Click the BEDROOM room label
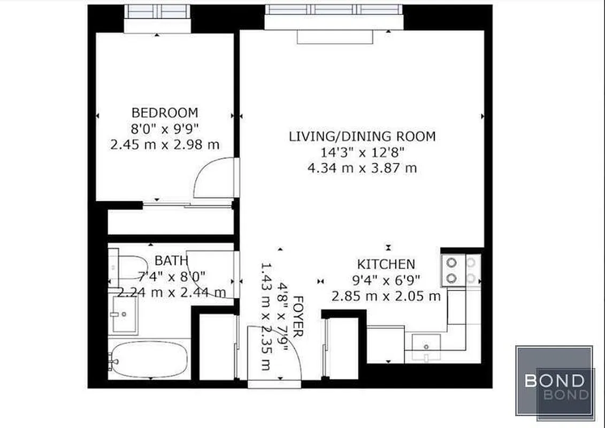point(165,113)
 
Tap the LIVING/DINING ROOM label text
point(362,136)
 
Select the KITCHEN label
point(386,264)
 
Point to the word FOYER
point(298,316)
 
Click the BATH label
point(171,261)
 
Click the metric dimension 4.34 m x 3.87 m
point(362,168)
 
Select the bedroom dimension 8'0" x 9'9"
point(165,129)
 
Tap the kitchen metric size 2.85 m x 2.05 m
point(386,296)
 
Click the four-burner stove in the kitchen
point(461,270)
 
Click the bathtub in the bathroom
point(149,359)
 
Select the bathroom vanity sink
point(124,315)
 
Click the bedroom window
point(157,11)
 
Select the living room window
point(333,10)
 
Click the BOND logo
point(555,381)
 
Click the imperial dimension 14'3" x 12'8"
point(362,152)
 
